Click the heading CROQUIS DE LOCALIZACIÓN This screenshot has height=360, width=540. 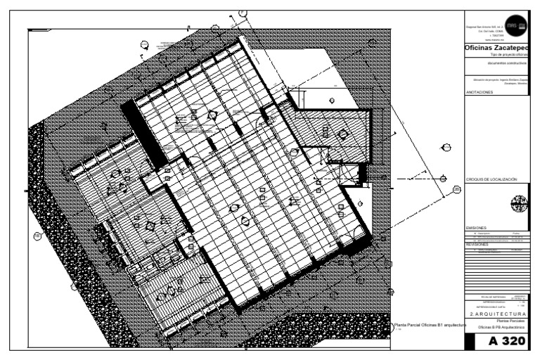click(x=491, y=180)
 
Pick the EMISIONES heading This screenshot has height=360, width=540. click(x=476, y=229)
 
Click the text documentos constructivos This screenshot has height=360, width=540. click(x=501, y=63)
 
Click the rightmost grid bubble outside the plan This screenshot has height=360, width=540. click(x=456, y=189)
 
